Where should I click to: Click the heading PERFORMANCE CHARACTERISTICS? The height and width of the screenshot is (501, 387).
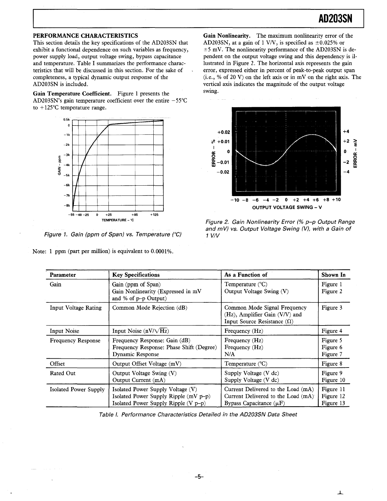coord(85,36)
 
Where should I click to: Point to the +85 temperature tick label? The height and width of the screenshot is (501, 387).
coord(134,215)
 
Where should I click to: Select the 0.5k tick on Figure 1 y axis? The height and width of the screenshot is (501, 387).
coord(66,120)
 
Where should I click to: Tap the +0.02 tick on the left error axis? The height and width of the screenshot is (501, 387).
coord(224,132)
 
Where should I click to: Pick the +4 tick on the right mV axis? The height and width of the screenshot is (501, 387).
coord(346,132)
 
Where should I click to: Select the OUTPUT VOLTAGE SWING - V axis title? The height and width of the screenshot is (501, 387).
coord(287,207)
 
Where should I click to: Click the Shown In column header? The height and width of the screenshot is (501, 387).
coord(333,275)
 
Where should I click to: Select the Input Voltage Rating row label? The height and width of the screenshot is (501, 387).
coord(76,308)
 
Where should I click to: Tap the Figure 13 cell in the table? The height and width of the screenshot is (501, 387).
coord(333,403)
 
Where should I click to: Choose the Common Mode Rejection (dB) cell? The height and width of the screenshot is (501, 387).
coord(150,308)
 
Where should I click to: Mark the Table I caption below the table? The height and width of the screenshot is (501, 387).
coord(198,414)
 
